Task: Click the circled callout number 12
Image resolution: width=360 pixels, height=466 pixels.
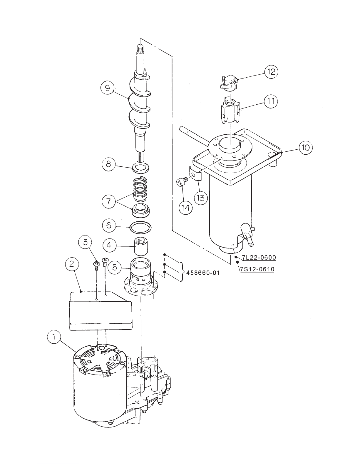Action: (x=271, y=72)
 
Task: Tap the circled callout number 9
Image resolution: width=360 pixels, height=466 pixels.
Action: (x=107, y=88)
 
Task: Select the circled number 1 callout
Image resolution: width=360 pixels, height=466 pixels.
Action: (x=54, y=337)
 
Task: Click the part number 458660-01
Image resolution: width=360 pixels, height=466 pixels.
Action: (x=203, y=273)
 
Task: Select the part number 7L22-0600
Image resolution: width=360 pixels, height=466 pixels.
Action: (x=259, y=257)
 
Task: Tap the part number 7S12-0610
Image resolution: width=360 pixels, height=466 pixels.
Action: (x=257, y=269)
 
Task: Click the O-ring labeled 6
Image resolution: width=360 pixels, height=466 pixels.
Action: (x=140, y=228)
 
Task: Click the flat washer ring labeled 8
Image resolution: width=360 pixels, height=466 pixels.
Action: (x=141, y=168)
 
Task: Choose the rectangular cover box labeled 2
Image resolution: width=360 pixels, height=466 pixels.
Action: (x=101, y=311)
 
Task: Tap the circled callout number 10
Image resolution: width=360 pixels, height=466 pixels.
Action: (x=306, y=148)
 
